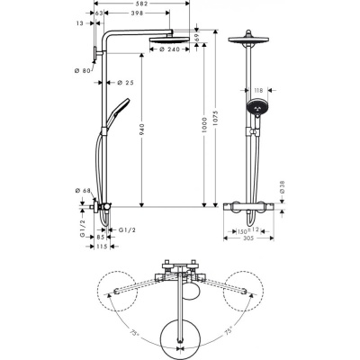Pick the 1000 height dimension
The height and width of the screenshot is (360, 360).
[204, 130]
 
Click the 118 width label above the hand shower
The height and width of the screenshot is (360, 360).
[256, 90]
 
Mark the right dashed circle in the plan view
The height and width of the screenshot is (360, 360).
[247, 287]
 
